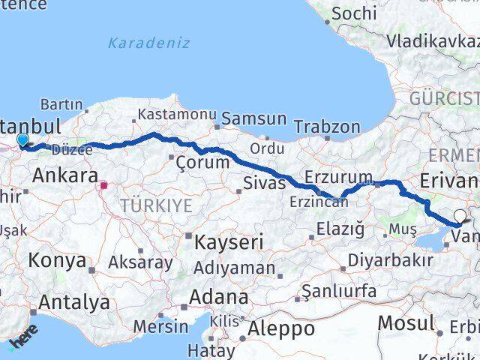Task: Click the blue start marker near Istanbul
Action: (x=22, y=139)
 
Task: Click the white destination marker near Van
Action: (x=460, y=217)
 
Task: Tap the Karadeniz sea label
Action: (x=148, y=43)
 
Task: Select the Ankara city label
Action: (x=65, y=177)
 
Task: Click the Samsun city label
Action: (x=253, y=118)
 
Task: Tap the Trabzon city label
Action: (x=327, y=127)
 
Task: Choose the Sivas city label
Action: (x=265, y=182)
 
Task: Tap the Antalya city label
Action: (x=73, y=302)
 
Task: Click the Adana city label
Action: (x=218, y=296)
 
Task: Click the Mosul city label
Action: (x=406, y=323)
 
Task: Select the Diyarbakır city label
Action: (x=392, y=260)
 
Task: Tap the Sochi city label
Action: (x=353, y=13)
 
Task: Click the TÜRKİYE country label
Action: (x=156, y=205)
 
